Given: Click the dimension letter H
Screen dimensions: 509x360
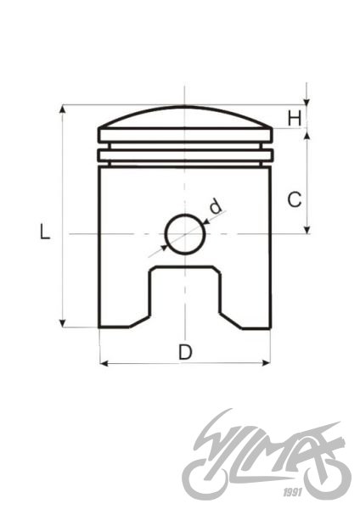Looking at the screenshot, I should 295,118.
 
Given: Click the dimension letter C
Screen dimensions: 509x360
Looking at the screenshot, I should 294,200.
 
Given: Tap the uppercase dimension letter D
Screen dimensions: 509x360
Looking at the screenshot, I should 184,350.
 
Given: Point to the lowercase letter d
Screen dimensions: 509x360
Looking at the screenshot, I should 216,205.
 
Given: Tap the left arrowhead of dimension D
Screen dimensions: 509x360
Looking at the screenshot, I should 104,363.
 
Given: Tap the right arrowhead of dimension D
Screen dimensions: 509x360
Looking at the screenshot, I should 265,363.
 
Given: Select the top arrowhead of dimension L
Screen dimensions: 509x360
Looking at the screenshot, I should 62,109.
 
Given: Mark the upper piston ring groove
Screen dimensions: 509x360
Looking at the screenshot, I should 184,143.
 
